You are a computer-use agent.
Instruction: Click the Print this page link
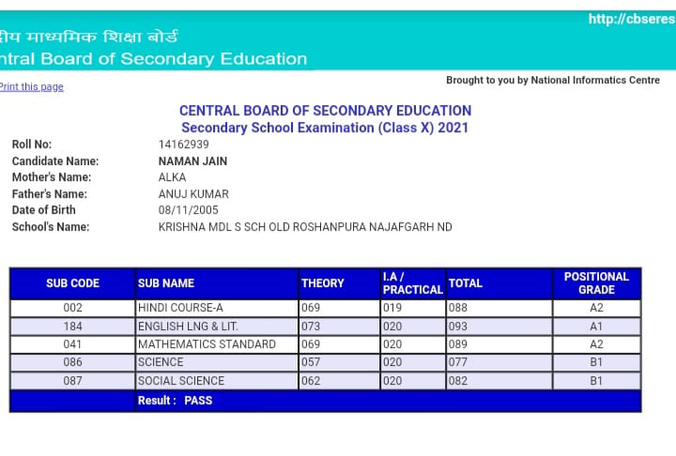tap(32, 86)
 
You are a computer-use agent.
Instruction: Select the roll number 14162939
tap(184, 144)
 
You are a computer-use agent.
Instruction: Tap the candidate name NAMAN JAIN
tap(192, 161)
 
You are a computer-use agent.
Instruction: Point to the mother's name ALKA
tap(173, 177)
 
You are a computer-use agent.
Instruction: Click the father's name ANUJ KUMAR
tap(193, 194)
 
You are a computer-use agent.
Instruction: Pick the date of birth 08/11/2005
tap(188, 210)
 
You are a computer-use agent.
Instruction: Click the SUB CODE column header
tap(72, 283)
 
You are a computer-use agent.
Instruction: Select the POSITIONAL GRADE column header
tap(596, 283)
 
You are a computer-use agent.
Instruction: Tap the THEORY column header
tap(322, 283)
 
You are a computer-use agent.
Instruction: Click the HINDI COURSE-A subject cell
tap(180, 308)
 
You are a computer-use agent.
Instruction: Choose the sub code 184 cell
tap(72, 327)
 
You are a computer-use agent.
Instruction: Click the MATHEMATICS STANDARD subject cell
tap(207, 344)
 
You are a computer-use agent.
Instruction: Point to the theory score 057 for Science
tap(311, 362)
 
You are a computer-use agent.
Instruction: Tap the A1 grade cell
tap(596, 327)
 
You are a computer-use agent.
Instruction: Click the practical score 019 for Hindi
tap(392, 308)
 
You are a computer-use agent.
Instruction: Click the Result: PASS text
tap(175, 401)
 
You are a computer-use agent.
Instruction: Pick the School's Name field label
tap(51, 227)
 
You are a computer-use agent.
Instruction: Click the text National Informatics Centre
tap(595, 81)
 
